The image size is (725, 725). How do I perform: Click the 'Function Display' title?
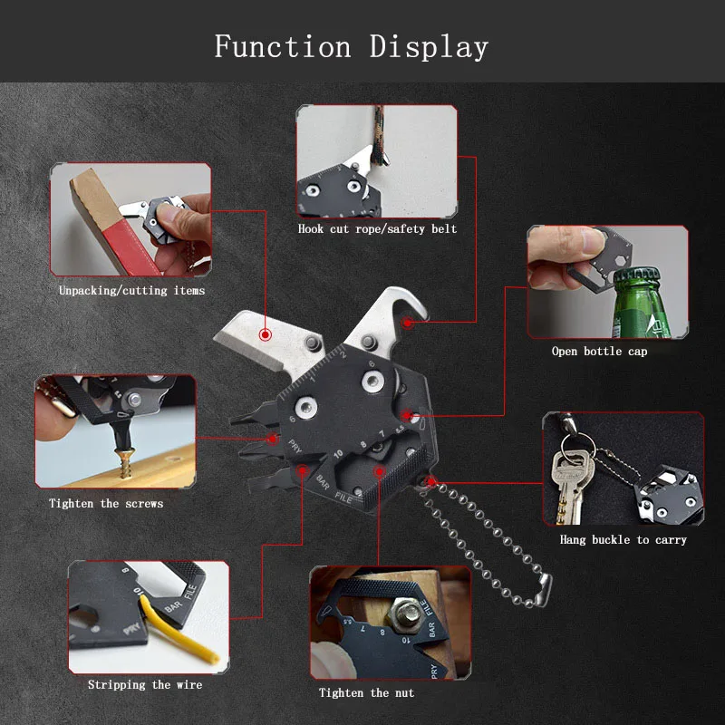[352, 47]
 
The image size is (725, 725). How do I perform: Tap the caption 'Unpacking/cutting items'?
[131, 290]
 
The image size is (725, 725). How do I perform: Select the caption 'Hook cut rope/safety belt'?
[377, 229]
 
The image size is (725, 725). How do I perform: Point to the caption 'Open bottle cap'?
[599, 352]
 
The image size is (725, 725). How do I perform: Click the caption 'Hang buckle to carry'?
[623, 539]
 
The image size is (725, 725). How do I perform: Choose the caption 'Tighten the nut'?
[366, 692]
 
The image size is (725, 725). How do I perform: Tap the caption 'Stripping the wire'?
[145, 684]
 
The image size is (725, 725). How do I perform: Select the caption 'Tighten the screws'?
[106, 503]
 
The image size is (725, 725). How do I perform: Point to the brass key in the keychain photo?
[568, 486]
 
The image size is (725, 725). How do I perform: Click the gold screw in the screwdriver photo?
[125, 464]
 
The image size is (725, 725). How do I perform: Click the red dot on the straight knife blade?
[265, 334]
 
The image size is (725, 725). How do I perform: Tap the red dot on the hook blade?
[407, 323]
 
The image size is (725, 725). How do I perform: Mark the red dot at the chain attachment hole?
[430, 482]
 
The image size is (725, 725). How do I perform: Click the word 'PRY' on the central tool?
[295, 447]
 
